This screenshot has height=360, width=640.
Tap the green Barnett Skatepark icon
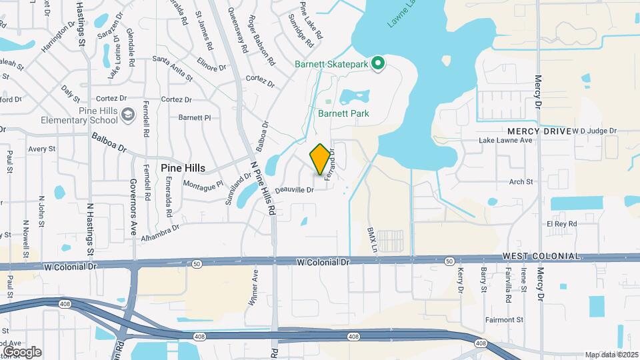coord(379,64)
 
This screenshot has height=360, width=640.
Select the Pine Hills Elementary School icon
coord(126,116)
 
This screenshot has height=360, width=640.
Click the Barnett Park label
coord(343,113)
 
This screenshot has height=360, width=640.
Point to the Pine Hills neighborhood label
coord(183,169)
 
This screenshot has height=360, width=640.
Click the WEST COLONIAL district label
coord(541,257)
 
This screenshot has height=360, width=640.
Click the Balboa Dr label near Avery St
coord(109,141)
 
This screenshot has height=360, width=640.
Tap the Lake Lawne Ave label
coord(506,141)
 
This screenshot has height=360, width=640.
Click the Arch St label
coord(521,181)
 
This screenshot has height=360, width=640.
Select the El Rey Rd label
coord(561,225)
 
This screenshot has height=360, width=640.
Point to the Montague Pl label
coord(203,185)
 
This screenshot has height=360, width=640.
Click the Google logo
coord(22,352)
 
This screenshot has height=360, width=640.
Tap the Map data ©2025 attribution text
coord(611,355)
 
